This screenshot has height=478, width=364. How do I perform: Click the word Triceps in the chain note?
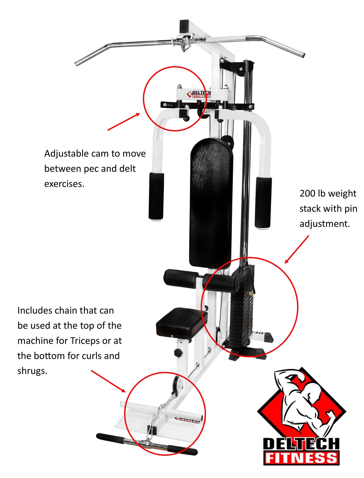85,341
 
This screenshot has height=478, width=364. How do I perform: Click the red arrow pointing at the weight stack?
297,250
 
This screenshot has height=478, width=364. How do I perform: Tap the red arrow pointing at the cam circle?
123,122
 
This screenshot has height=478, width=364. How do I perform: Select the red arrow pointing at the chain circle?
108,381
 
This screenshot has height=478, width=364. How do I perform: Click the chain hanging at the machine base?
161,413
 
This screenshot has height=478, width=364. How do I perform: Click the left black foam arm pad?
156,196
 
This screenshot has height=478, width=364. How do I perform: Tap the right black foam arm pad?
263,202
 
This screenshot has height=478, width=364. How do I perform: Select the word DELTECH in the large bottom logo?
301,444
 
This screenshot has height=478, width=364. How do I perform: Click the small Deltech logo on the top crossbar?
199,94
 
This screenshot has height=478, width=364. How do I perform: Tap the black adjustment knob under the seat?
178,352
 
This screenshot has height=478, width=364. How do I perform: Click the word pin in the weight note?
351,209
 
